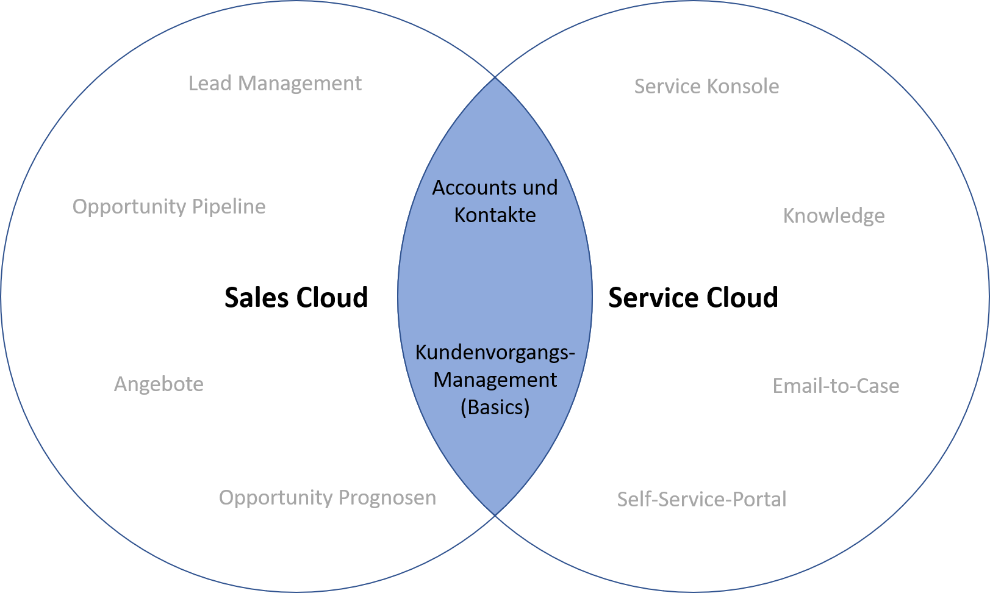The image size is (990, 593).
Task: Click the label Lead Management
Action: coord(274,84)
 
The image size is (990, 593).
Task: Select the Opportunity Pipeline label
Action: coord(169,207)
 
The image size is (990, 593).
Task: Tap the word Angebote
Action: coord(159,384)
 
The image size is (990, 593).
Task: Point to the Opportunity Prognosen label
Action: coord(328,498)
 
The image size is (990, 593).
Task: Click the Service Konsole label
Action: coord(706,87)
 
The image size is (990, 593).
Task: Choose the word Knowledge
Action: coord(833,216)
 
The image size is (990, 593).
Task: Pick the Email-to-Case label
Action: coord(836,386)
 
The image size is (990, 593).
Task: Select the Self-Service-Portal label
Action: coord(701,500)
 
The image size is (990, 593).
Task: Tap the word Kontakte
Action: coord(495,215)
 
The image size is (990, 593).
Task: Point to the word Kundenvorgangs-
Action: coord(495,353)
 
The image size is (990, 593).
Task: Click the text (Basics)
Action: coord(495,407)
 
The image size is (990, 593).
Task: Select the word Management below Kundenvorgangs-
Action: coord(495,380)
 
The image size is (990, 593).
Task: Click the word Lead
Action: coord(210,84)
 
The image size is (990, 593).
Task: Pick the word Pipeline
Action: coord(229,207)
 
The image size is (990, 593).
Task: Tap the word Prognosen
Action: coord(387,498)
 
